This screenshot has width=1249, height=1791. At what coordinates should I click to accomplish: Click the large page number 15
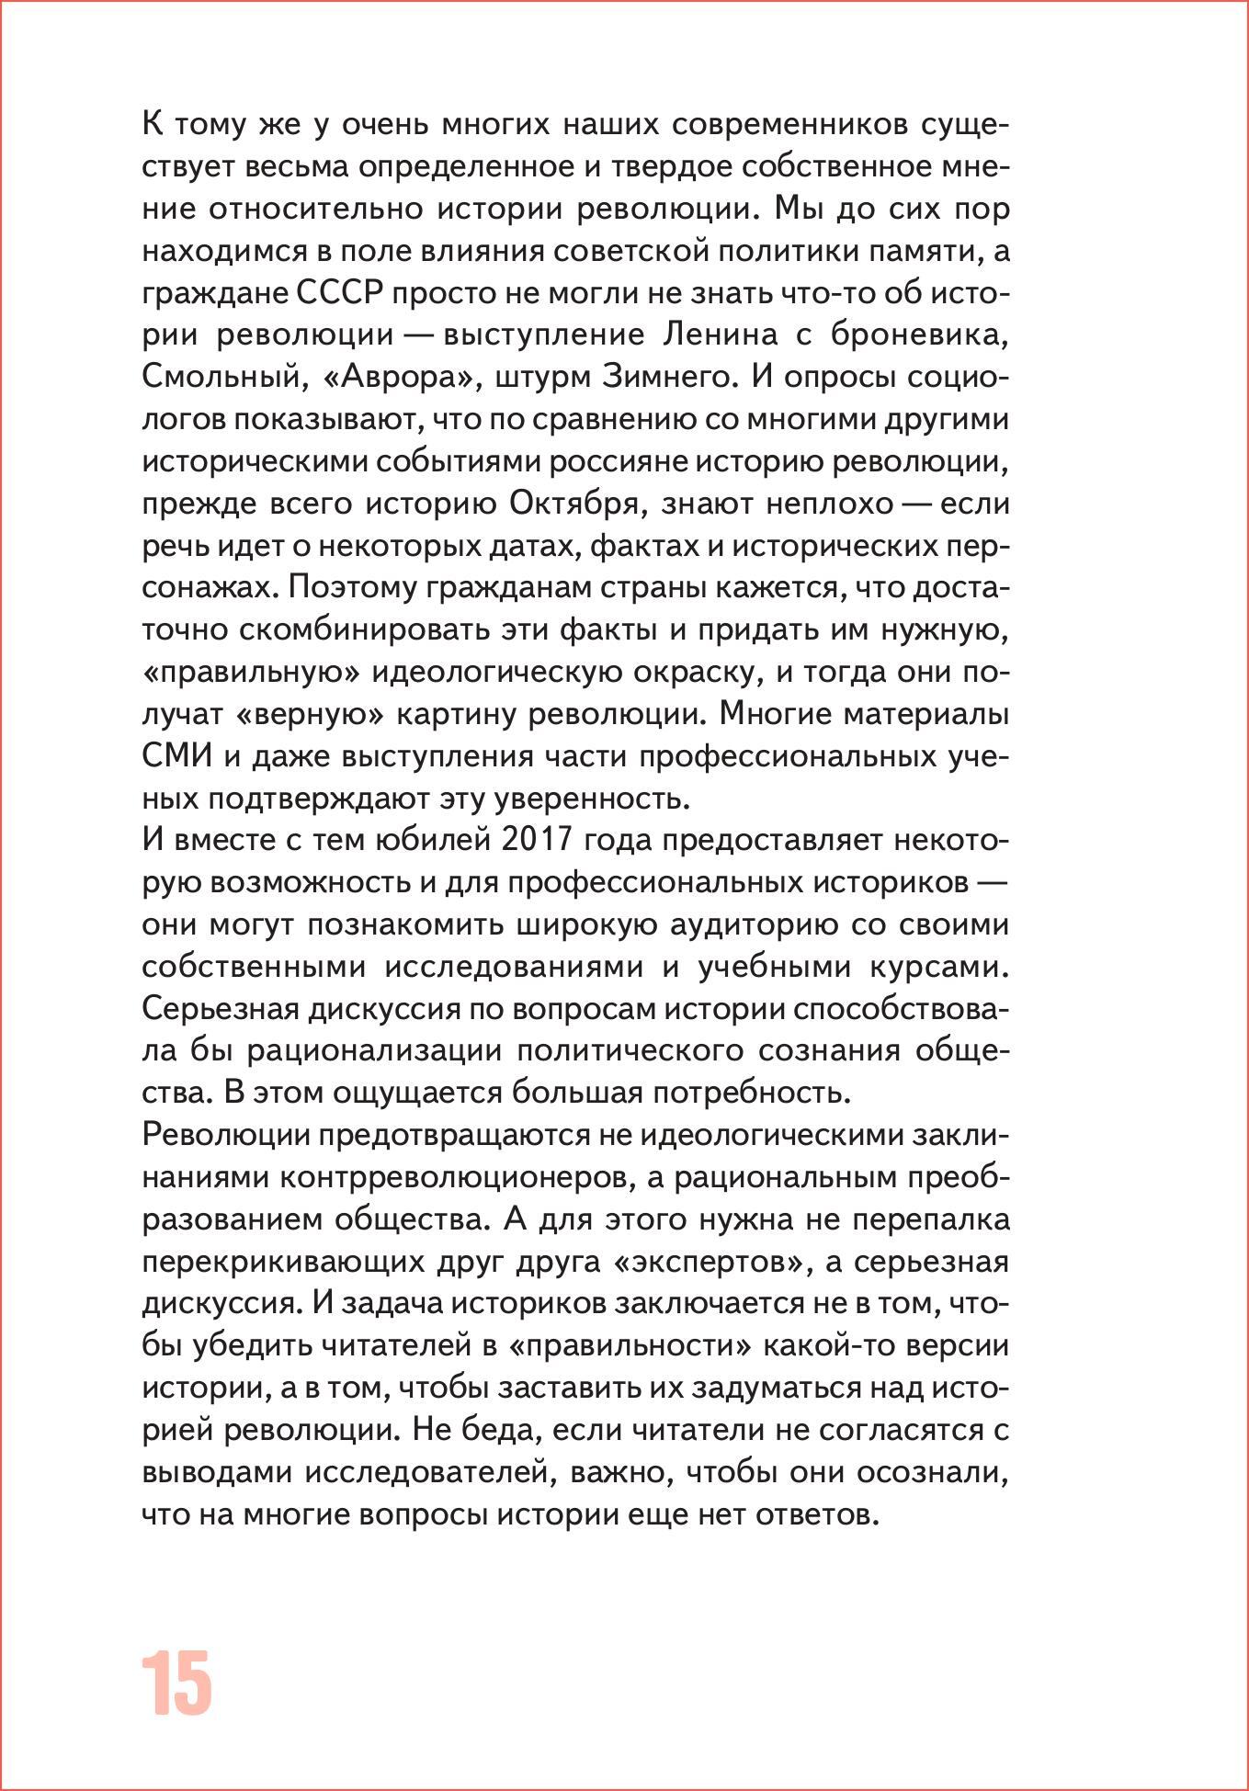[x=176, y=1683]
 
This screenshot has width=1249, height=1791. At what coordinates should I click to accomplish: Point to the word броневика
[x=920, y=334]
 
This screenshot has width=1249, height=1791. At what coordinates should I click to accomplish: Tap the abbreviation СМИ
[x=177, y=756]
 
